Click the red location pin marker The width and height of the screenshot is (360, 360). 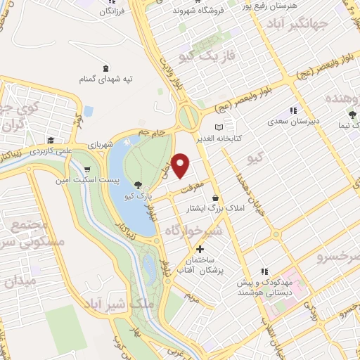coord(181,165)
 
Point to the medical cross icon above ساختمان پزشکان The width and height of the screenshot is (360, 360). coord(200,249)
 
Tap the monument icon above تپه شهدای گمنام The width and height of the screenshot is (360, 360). coord(105,68)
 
